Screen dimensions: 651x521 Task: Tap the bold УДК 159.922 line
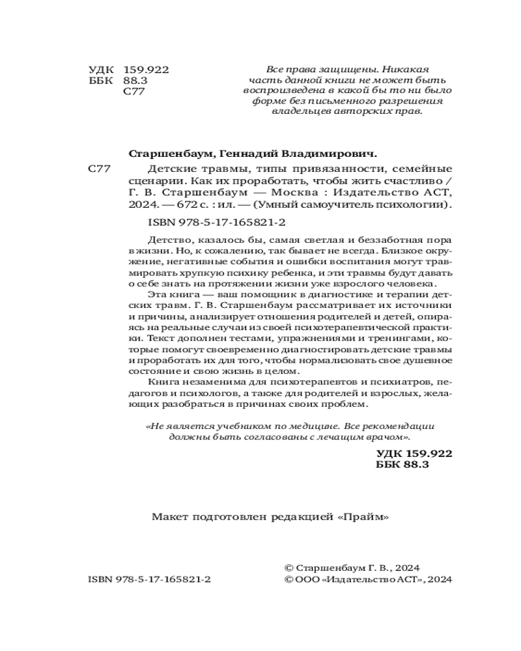(x=414, y=453)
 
